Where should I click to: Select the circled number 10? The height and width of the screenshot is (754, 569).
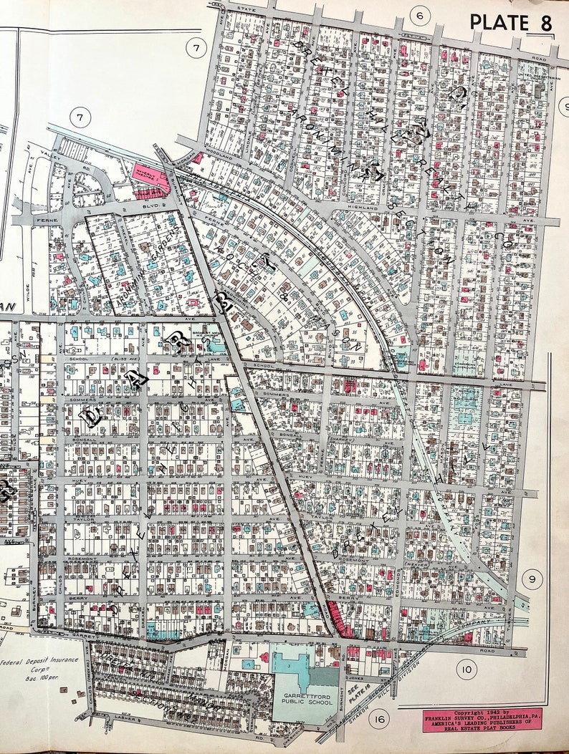coord(467,670)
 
